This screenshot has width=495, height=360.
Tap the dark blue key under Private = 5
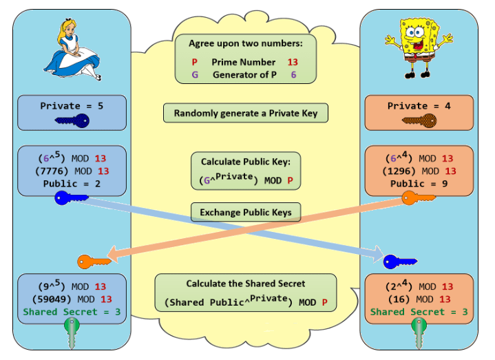[x=72, y=122]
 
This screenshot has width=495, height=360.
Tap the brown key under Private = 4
[x=419, y=122]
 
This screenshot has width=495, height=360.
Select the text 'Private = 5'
[x=72, y=106]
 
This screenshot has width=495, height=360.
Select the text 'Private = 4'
[x=419, y=106]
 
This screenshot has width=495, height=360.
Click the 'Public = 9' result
[x=419, y=184]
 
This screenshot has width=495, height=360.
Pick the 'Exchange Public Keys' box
[x=246, y=212]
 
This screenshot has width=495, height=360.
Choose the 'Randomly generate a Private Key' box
[x=246, y=113]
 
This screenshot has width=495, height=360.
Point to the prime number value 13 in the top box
[x=293, y=62]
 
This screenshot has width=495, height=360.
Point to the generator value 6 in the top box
[x=293, y=74]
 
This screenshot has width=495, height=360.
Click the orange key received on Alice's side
[x=94, y=262]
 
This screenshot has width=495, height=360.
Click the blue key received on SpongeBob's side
[x=400, y=262]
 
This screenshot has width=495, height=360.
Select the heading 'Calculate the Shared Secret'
[x=246, y=284]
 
